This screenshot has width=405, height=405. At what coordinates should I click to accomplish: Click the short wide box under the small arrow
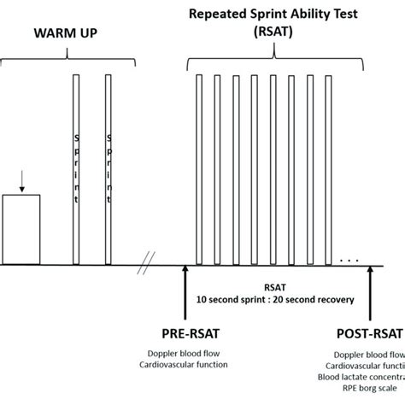coord(21,230)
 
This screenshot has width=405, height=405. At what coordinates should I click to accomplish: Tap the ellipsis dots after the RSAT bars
coord(349,258)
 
